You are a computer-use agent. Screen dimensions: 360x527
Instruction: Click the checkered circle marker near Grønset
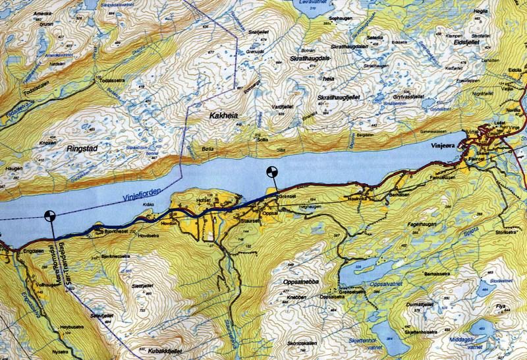(271, 173)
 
